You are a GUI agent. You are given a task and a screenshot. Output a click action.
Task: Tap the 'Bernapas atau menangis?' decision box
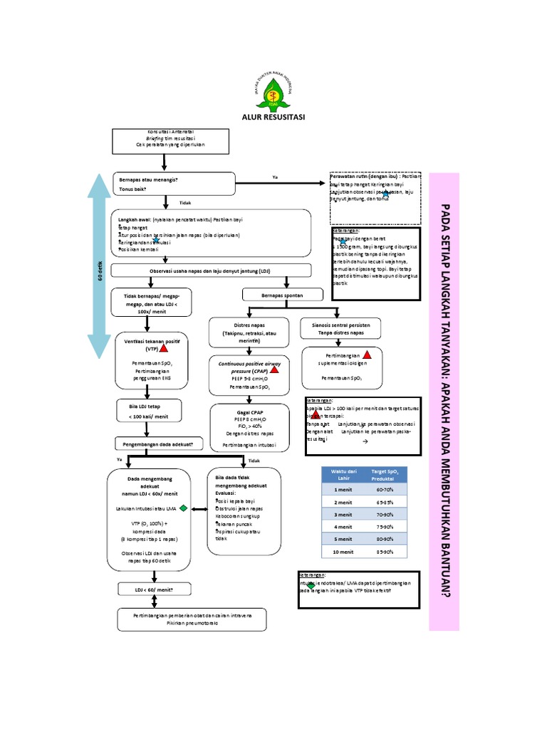(174, 184)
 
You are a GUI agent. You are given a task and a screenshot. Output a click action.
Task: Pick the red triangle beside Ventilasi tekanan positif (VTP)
(164, 348)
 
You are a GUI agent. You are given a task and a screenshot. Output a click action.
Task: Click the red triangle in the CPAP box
(273, 369)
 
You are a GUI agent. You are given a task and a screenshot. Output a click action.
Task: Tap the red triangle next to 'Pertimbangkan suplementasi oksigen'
(368, 355)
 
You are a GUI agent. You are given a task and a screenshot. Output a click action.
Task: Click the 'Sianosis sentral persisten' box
(340, 328)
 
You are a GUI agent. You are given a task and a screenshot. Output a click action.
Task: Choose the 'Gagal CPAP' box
(246, 429)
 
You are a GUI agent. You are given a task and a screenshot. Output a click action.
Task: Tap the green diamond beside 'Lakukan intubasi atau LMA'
(183, 508)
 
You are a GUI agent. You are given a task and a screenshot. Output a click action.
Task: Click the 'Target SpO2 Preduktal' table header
(384, 476)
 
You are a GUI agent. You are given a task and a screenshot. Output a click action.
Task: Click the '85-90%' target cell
(384, 552)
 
